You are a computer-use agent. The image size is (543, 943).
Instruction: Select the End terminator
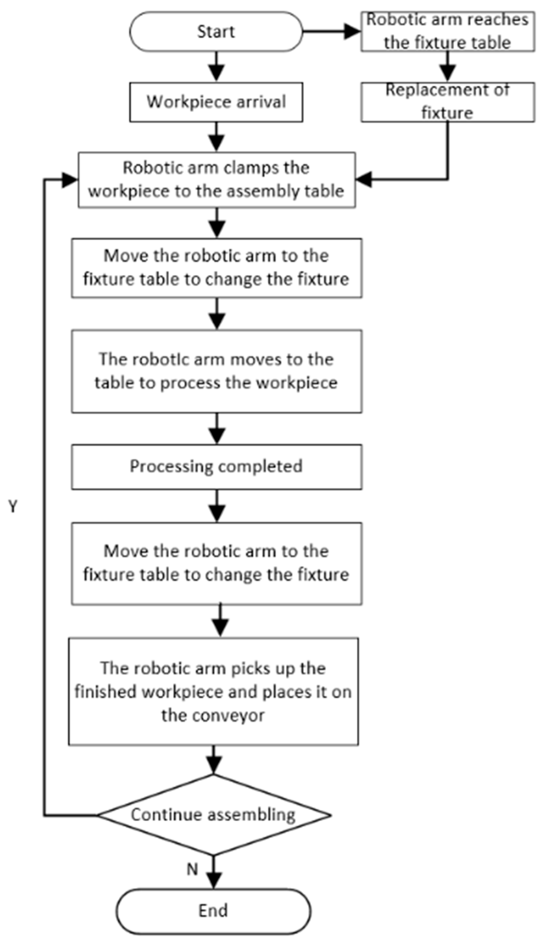tap(213, 911)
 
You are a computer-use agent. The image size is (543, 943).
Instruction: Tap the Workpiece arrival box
tap(216, 102)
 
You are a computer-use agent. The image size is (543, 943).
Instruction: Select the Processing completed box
tap(216, 467)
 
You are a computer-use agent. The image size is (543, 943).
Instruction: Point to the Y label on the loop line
tap(13, 506)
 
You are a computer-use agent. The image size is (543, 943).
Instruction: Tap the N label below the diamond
tap(192, 870)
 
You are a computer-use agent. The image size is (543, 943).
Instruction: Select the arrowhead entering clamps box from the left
tap(70, 180)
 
